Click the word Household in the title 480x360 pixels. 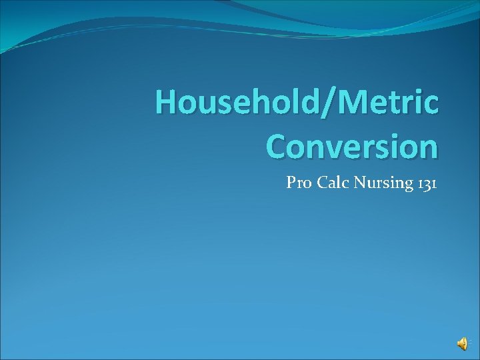click(x=237, y=104)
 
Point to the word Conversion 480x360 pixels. click(x=352, y=145)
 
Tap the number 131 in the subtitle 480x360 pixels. click(x=425, y=183)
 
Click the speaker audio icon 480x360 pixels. click(x=462, y=343)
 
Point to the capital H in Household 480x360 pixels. click(x=166, y=104)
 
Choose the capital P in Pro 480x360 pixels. click(x=291, y=183)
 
